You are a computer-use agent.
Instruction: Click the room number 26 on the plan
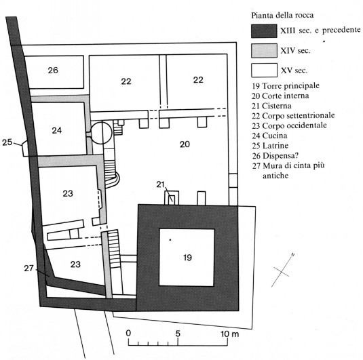(53, 71)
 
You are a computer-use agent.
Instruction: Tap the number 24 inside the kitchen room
(57, 130)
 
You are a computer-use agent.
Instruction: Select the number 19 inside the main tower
(187, 258)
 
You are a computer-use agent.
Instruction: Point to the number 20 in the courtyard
(185, 144)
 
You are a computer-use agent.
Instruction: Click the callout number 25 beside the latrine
(7, 142)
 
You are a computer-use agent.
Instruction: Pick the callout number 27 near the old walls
(29, 268)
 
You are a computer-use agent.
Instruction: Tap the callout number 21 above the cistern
(160, 184)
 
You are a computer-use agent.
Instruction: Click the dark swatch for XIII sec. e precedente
(264, 31)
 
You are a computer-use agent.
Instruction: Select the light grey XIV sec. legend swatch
(264, 51)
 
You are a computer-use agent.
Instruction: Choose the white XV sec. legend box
(264, 70)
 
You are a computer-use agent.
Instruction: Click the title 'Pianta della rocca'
(282, 16)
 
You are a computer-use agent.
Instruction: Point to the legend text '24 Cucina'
(269, 136)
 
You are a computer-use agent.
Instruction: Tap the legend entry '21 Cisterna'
(272, 106)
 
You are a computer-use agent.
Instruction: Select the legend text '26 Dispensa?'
(275, 156)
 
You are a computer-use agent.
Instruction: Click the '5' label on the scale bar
(178, 334)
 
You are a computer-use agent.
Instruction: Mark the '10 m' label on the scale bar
(229, 334)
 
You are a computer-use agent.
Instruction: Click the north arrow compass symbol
(283, 271)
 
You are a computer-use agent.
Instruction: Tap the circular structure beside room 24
(101, 133)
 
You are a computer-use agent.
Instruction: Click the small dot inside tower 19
(170, 240)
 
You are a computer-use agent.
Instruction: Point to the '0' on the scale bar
(128, 334)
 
